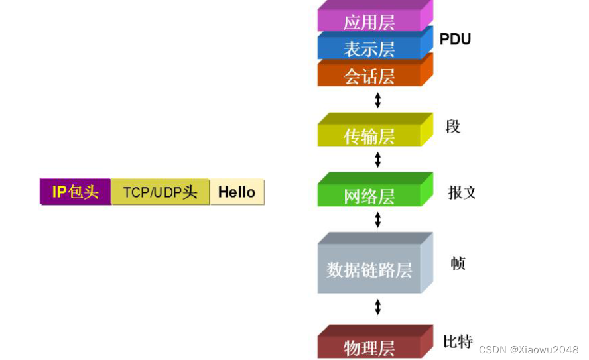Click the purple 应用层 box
pos(369,21)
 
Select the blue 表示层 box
pos(369,48)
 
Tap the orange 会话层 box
pos(369,76)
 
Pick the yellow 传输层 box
pos(369,135)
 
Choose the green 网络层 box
pos(369,196)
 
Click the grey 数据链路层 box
pos(369,269)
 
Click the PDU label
pos(455,39)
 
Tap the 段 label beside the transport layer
pos(453,126)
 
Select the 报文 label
pos(462,193)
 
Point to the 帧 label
pos(458,263)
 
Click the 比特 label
pos(458,341)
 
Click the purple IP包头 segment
pos(76,192)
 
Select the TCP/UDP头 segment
pos(161,192)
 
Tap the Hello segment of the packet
pos(237,192)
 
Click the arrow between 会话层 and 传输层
pos(378,100)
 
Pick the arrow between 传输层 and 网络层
pos(378,160)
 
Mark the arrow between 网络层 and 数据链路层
pos(378,220)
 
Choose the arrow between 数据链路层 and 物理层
pos(378,307)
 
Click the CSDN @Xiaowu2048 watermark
pos(529,349)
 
